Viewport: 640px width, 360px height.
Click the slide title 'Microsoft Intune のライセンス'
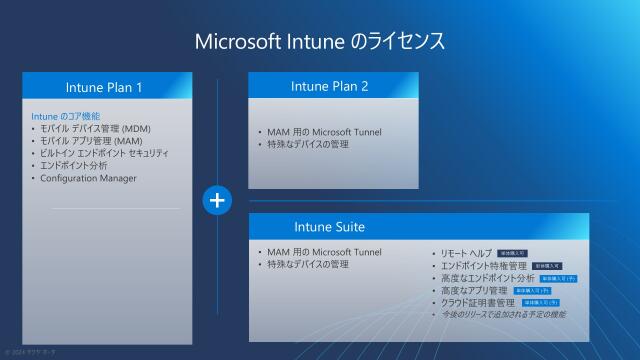click(x=319, y=41)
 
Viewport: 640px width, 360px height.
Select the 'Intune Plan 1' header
click(x=108, y=87)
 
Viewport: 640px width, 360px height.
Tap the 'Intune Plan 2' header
click(x=333, y=86)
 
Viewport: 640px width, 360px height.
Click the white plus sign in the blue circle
click(x=217, y=200)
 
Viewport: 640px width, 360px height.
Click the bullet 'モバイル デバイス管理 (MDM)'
click(x=95, y=128)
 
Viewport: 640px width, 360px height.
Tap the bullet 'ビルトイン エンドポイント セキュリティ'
click(x=104, y=153)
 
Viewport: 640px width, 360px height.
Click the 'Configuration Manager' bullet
click(x=87, y=178)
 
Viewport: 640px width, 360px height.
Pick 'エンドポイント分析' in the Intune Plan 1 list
click(x=74, y=165)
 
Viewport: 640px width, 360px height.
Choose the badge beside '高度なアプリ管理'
click(x=532, y=290)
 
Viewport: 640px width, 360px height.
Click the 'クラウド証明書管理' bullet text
click(x=478, y=302)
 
